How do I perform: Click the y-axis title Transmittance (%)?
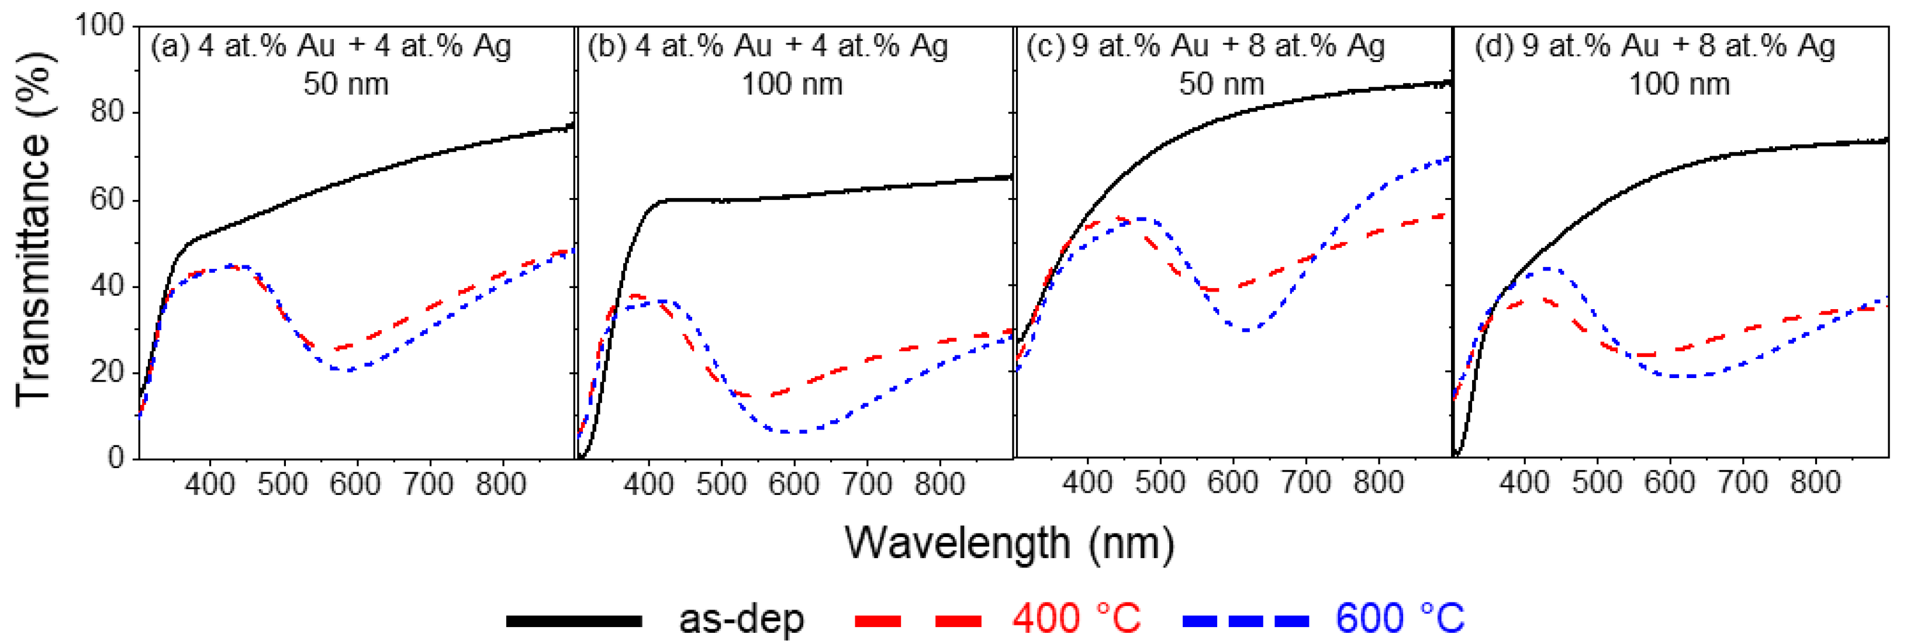(34, 230)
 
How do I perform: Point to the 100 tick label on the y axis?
(100, 25)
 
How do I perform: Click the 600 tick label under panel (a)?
(356, 484)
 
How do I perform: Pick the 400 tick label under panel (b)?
(648, 484)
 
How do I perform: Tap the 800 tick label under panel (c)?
(1379, 483)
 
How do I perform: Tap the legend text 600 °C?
(1399, 618)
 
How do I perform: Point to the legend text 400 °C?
(1076, 618)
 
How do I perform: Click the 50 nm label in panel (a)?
(346, 84)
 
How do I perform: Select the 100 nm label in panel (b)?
(792, 84)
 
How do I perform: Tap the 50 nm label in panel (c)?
(1221, 84)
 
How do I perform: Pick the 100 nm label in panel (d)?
(1679, 84)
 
